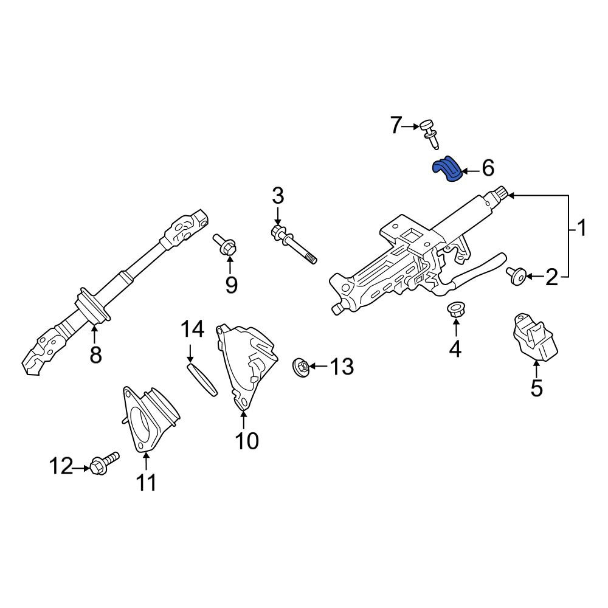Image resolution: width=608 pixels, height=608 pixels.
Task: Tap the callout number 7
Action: [x=396, y=125]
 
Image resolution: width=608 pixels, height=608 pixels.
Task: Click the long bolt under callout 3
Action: [x=294, y=245]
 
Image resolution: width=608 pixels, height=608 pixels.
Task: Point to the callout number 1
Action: [x=581, y=228]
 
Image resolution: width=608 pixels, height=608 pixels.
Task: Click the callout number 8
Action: [x=95, y=354]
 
